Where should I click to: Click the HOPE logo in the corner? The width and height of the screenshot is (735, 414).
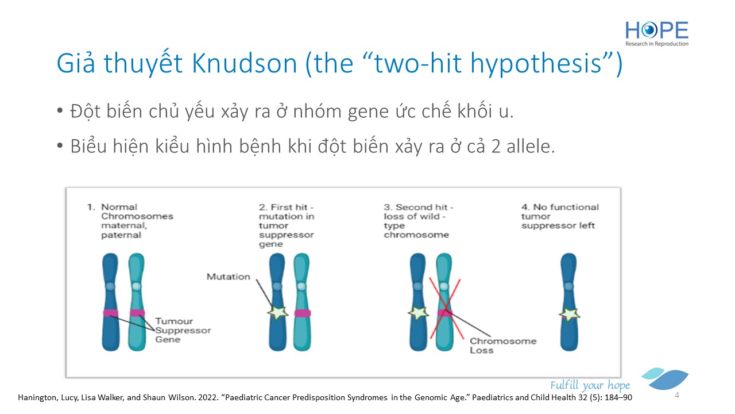pos(657,33)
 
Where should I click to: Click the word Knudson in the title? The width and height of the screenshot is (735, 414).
pos(245,63)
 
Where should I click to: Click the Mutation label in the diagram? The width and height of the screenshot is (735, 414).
pos(229,277)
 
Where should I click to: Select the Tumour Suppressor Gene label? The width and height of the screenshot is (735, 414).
pos(183,330)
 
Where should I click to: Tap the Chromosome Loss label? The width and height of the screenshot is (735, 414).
pos(503,346)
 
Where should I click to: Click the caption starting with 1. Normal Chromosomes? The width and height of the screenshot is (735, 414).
pos(130,221)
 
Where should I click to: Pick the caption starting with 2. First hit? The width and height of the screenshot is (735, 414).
pos(287,225)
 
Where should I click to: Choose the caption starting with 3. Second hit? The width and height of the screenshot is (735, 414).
pos(419,221)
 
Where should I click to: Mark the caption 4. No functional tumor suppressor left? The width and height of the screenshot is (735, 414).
pos(560,216)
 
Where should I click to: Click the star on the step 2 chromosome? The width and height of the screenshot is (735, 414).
pos(278,312)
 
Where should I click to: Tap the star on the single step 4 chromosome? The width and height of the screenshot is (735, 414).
pos(569,315)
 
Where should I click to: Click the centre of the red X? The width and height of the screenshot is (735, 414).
pos(445,309)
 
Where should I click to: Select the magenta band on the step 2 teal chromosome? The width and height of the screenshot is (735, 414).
pos(302,313)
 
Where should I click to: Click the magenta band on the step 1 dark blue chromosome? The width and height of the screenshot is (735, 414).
pos(111,313)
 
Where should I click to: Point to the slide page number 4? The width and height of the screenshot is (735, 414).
pos(677,395)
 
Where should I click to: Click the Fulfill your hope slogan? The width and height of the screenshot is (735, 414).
pos(590,385)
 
